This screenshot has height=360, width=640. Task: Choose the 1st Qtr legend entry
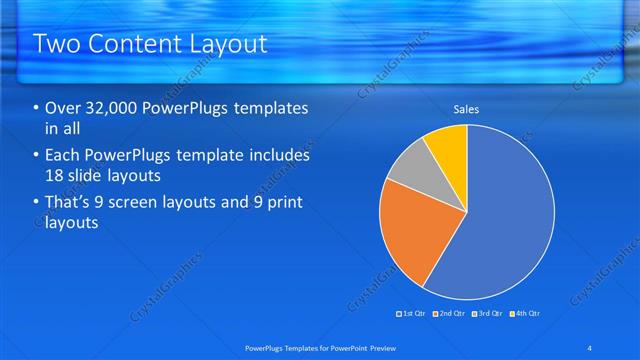[412, 314]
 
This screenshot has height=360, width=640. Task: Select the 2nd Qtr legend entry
[450, 314]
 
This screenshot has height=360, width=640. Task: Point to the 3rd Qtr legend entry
[487, 314]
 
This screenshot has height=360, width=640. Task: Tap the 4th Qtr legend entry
[524, 314]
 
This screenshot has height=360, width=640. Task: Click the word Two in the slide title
[55, 44]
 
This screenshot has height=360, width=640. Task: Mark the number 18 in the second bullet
[57, 176]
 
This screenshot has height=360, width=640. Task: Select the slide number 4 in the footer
[589, 347]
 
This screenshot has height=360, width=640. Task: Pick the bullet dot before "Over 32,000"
[37, 109]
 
